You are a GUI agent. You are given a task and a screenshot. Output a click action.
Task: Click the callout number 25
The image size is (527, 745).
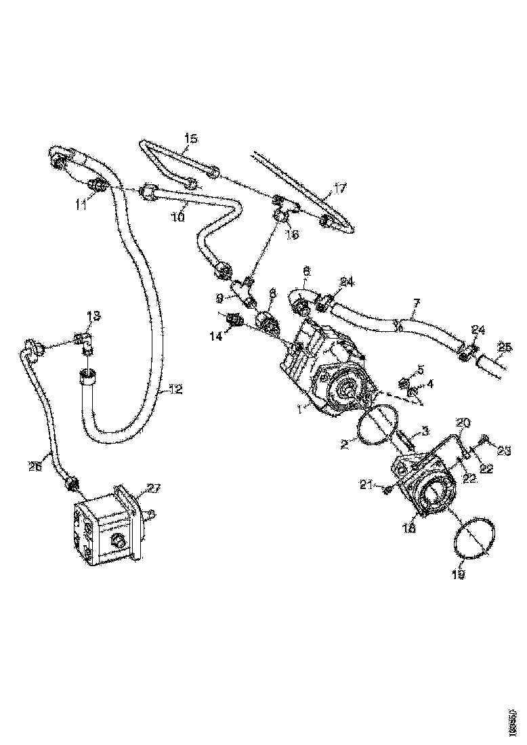pyautogui.click(x=503, y=347)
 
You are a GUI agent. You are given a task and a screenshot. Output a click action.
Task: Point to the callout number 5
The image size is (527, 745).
pyautogui.click(x=420, y=369)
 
